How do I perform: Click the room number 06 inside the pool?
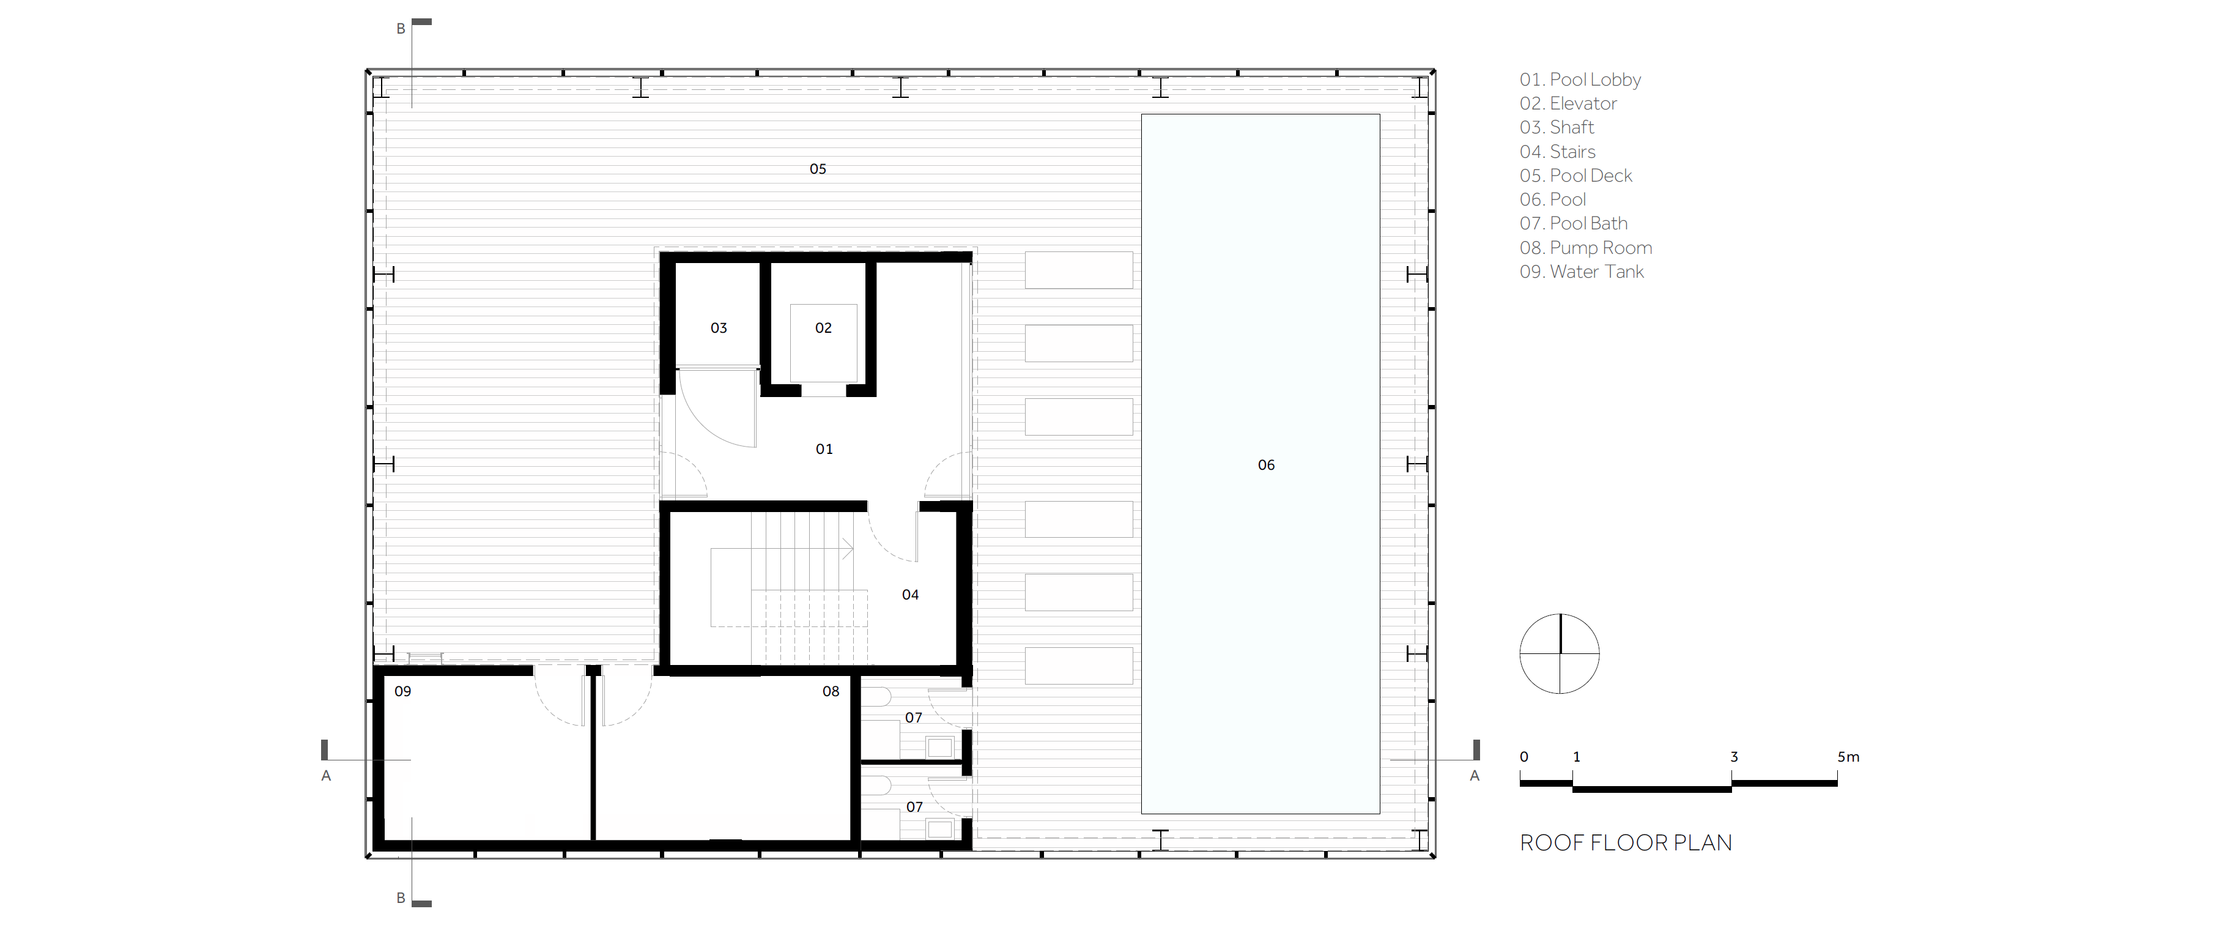1266,465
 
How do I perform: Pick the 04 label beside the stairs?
911,595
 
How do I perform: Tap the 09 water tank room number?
402,691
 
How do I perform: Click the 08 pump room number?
831,691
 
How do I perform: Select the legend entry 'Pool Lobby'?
1595,80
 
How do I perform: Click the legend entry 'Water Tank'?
1597,272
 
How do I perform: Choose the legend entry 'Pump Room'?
1601,248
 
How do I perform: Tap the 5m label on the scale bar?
1848,757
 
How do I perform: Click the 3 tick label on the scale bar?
1733,757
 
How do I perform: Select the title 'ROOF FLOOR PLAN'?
1626,842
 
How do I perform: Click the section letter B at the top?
401,29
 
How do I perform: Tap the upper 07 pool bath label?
914,718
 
